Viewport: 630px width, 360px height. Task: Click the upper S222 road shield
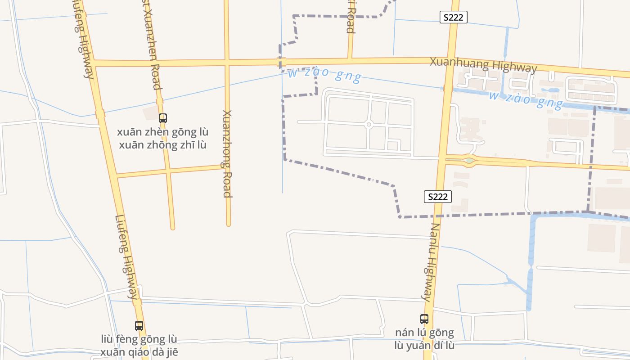(x=453, y=17)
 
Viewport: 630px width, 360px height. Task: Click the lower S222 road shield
(x=437, y=197)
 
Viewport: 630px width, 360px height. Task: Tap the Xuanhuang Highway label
(x=483, y=65)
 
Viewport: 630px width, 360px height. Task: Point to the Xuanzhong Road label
(x=227, y=153)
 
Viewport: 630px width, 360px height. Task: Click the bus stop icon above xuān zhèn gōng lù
(x=163, y=118)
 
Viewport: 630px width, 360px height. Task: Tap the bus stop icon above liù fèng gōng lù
(x=139, y=325)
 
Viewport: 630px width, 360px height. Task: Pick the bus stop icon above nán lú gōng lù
(x=424, y=319)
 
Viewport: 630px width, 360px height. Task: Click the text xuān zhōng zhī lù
(x=162, y=145)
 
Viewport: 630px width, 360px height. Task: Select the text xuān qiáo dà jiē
(x=139, y=352)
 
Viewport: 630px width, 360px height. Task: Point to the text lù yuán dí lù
(x=424, y=346)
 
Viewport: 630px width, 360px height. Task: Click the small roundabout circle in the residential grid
(x=369, y=124)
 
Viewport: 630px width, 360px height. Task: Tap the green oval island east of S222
(x=469, y=160)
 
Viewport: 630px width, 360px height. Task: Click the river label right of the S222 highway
(x=526, y=99)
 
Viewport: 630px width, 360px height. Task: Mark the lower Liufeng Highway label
(x=128, y=257)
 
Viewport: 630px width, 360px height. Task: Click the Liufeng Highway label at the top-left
(x=83, y=40)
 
